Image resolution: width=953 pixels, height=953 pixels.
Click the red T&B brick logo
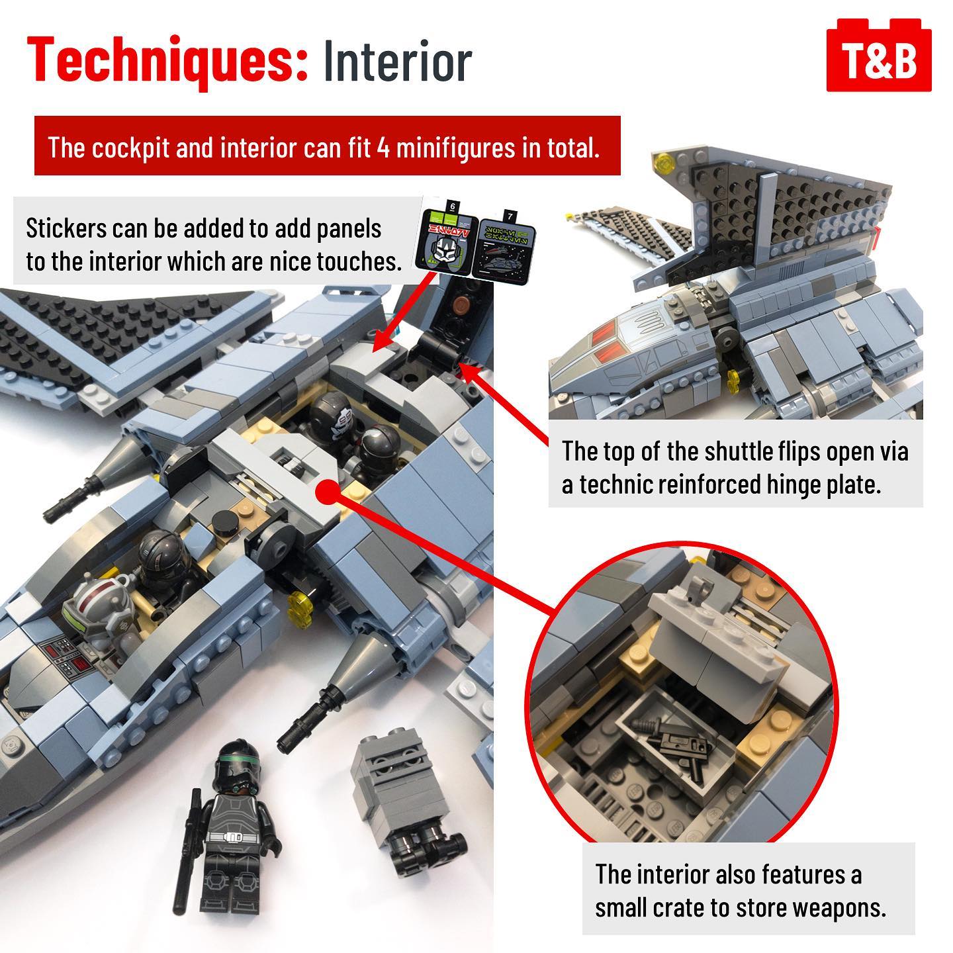[879, 55]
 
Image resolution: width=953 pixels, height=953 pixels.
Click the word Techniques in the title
[167, 62]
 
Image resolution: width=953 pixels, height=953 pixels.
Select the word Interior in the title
[398, 61]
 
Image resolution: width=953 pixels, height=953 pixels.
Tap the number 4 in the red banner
[383, 148]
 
